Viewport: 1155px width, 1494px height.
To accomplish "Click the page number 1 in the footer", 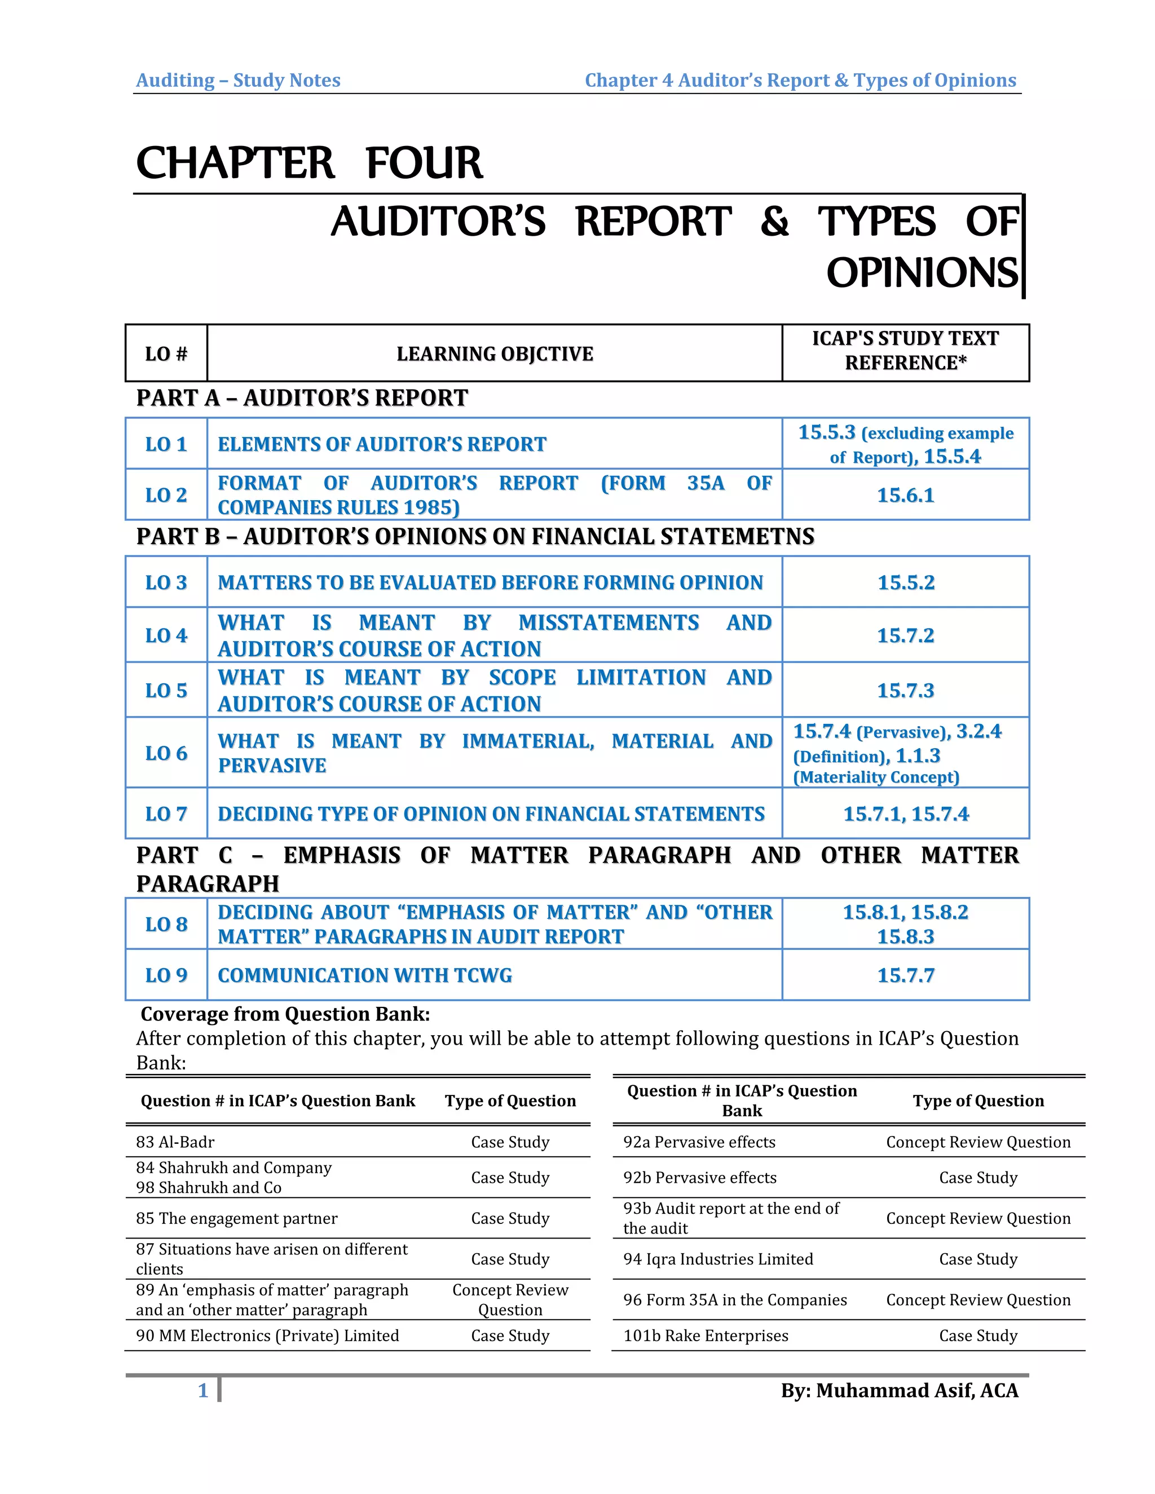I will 202,1391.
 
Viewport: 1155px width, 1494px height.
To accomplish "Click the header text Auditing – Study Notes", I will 238,81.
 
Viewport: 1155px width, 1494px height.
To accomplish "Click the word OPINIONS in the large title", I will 922,273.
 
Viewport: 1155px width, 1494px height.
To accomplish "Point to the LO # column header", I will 166,353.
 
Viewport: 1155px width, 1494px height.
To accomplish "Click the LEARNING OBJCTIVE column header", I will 495,353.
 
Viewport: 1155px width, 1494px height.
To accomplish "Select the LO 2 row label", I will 166,494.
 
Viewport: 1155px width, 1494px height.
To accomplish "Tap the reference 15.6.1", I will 905,495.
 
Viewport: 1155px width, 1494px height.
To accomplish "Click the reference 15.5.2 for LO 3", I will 905,583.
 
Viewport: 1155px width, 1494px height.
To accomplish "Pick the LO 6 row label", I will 166,753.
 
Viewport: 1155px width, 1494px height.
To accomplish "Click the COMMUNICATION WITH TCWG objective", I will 365,975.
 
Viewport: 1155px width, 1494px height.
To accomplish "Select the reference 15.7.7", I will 905,975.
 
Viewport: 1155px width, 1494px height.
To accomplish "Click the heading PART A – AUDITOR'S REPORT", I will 302,398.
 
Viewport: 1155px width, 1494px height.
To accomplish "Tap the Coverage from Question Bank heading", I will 285,1014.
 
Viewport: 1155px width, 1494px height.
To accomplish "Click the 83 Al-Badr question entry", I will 175,1142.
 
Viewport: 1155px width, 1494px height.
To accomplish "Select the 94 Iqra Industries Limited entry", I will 718,1259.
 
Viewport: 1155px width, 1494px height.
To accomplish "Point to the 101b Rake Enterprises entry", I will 706,1335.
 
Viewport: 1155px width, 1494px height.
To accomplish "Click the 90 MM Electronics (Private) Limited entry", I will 267,1335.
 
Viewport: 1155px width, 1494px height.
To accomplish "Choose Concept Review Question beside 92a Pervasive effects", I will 978,1142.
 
